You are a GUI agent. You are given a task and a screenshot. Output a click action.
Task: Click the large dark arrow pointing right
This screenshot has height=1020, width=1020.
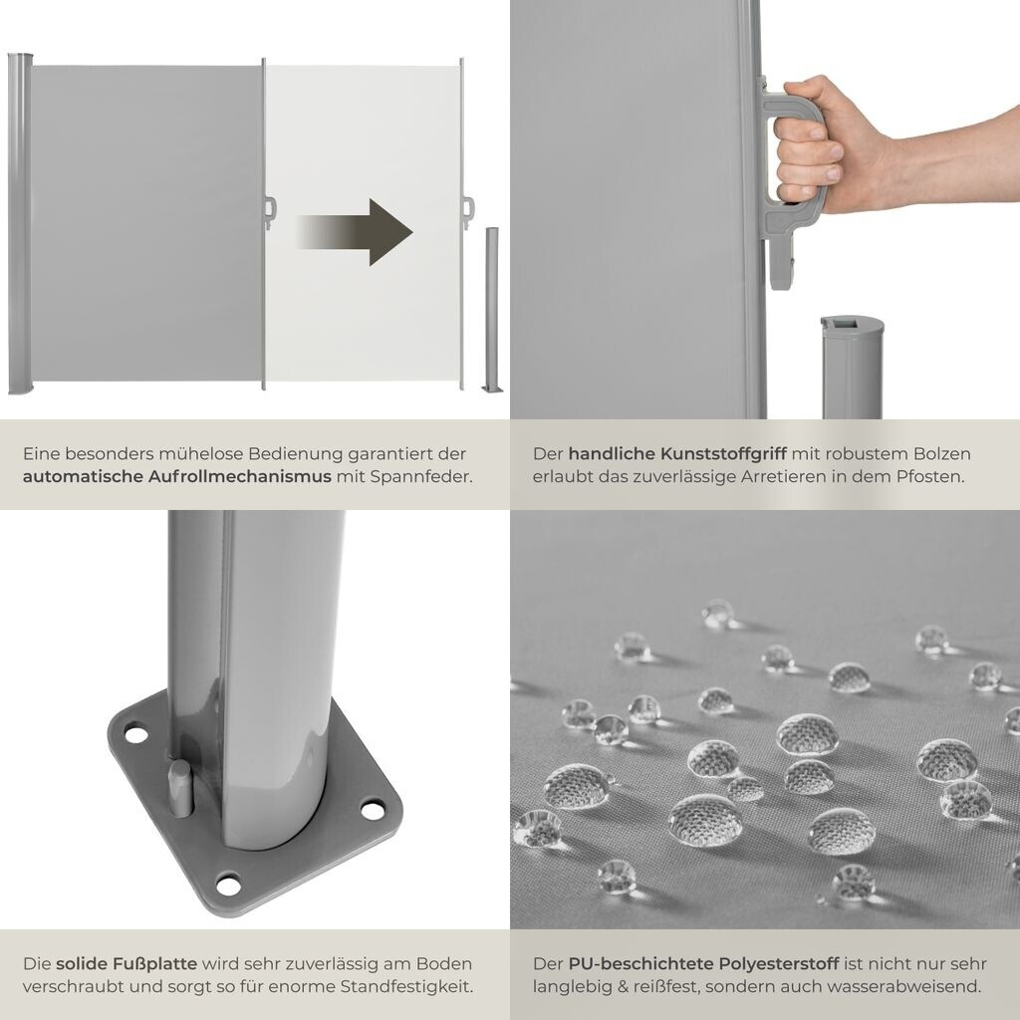pyautogui.click(x=355, y=232)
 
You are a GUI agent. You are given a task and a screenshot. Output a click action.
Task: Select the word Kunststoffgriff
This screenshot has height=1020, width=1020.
pyautogui.click(x=723, y=454)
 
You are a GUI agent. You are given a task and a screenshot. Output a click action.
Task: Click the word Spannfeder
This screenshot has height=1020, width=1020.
pyautogui.click(x=421, y=477)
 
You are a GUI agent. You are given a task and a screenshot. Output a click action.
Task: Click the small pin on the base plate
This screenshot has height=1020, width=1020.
pyautogui.click(x=180, y=787)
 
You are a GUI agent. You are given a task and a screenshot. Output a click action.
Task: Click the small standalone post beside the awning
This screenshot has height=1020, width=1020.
pyautogui.click(x=492, y=310)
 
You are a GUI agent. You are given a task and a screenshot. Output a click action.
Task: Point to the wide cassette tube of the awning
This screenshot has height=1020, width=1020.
pyautogui.click(x=19, y=224)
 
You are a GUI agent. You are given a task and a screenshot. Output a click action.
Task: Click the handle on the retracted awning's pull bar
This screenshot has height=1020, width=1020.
pyautogui.click(x=270, y=213)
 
